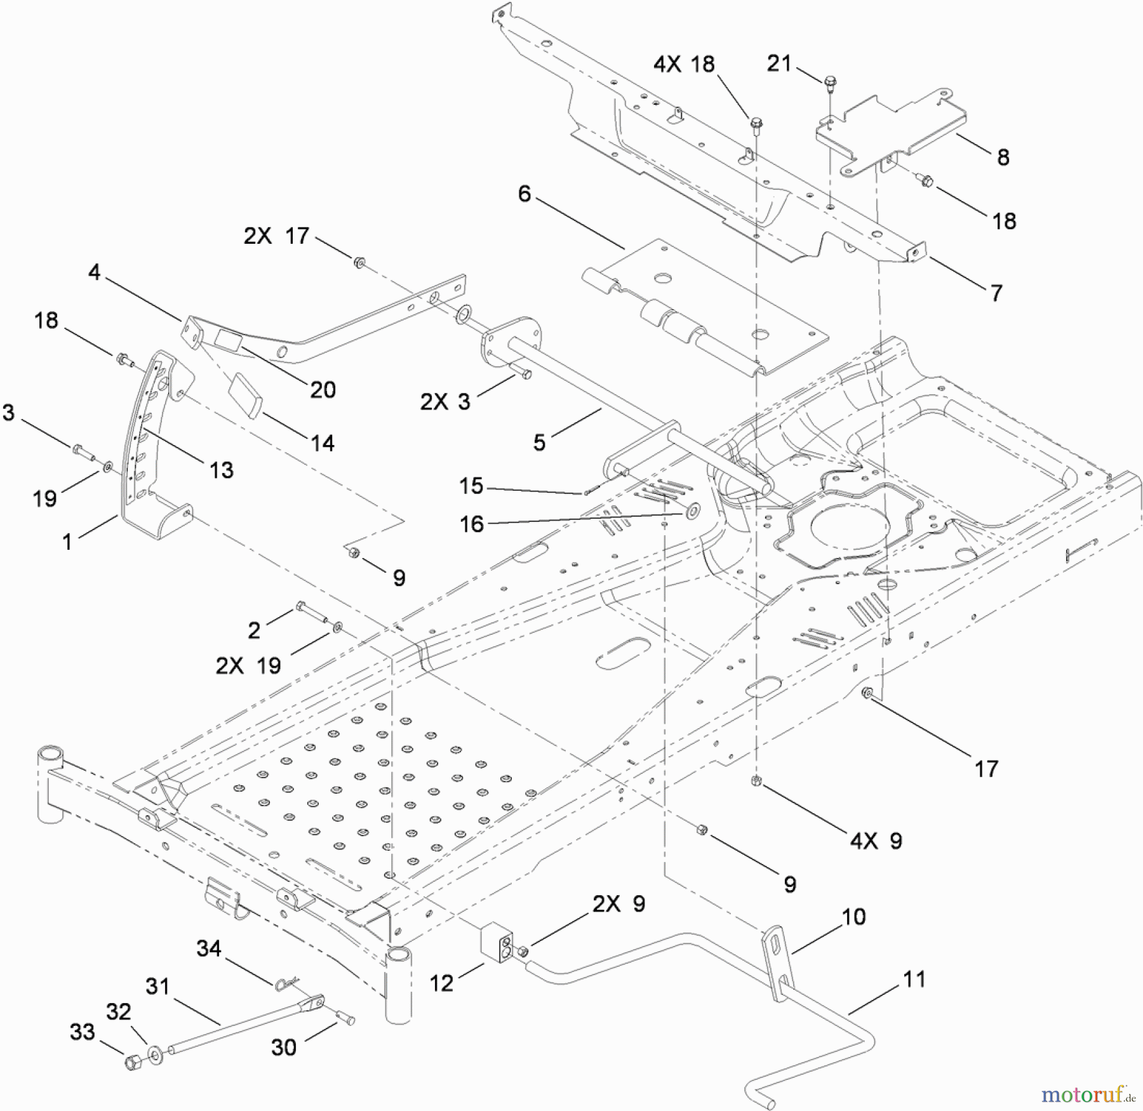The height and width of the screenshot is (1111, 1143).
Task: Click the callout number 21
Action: (x=779, y=63)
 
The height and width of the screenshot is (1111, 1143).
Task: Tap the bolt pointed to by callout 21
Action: (x=830, y=82)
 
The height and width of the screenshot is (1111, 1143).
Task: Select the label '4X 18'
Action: (x=684, y=64)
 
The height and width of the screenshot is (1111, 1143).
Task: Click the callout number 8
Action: (x=1003, y=157)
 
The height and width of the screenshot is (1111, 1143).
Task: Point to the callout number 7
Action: (x=996, y=293)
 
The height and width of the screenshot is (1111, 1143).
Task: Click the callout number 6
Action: (x=524, y=194)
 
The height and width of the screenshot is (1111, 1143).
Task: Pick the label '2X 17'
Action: (x=276, y=236)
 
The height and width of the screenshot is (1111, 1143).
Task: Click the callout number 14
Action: (x=323, y=442)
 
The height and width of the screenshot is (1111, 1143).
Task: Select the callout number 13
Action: (x=221, y=470)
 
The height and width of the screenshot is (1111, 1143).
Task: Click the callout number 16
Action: (x=471, y=524)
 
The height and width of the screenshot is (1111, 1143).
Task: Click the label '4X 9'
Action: (x=876, y=841)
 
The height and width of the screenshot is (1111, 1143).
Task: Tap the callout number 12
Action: (x=441, y=983)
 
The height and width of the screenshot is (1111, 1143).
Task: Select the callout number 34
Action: (x=209, y=948)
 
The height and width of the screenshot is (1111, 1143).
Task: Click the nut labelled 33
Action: (x=133, y=1063)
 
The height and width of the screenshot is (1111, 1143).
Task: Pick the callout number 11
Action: (x=914, y=979)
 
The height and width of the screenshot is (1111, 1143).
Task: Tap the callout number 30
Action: (x=284, y=1047)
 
